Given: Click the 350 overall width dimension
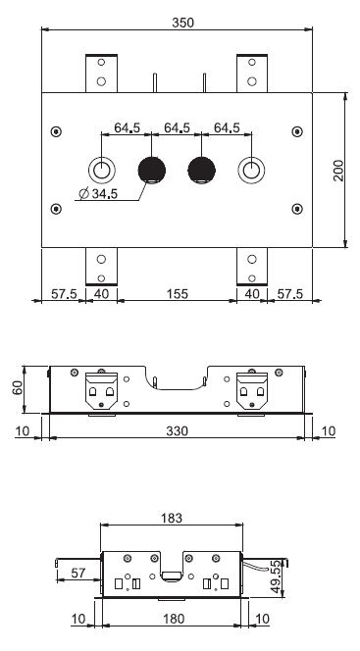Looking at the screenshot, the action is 182,23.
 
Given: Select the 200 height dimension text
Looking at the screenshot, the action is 339,171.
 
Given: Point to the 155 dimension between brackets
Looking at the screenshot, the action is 178,294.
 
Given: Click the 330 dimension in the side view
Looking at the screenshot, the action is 178,431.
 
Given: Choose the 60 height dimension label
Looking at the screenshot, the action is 19,388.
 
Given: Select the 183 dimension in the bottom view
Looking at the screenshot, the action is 172,518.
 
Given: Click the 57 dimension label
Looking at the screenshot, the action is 78,573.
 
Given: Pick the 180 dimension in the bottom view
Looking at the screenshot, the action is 174,619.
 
